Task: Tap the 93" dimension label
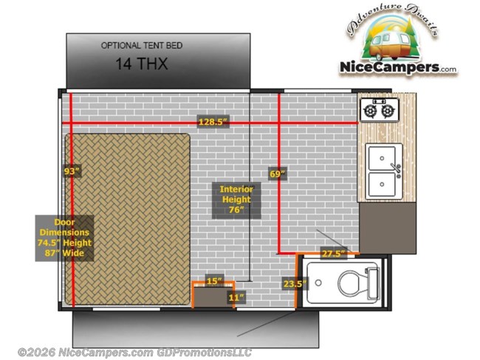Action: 71,171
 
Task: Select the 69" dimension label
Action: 278,174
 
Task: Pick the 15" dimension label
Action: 213,280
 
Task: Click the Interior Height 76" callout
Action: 236,199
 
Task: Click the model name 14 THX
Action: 141,64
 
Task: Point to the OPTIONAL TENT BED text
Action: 141,46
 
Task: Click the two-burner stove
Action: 379,110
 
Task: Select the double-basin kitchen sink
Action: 384,170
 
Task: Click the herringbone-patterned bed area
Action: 129,218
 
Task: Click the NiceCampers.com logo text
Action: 398,67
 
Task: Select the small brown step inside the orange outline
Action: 213,298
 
